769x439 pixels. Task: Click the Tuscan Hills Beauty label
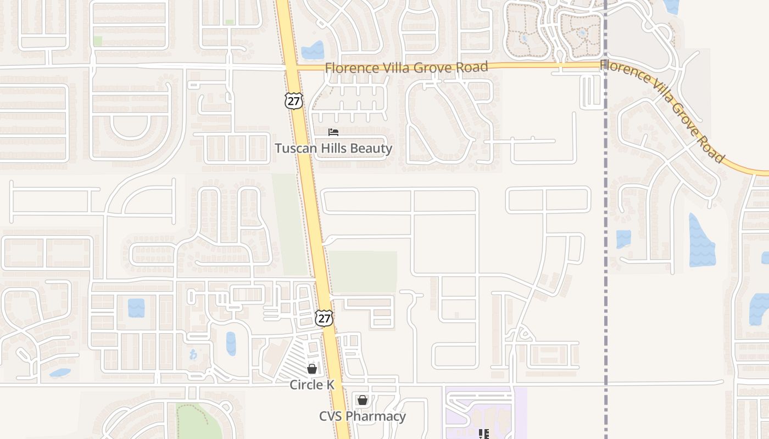pos(333,148)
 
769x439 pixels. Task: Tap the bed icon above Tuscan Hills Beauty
pos(333,132)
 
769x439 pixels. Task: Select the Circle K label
pos(312,385)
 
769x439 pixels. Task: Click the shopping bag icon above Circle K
pos(312,369)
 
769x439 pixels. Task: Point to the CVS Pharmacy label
pos(363,416)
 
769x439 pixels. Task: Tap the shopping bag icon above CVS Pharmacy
pos(363,400)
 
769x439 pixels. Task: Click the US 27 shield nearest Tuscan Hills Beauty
pos(294,100)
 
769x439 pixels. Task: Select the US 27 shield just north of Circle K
pos(324,318)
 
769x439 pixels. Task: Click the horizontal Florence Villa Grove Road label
pos(406,67)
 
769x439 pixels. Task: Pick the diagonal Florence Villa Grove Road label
pos(662,110)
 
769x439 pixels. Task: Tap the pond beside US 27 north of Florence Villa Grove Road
pos(313,50)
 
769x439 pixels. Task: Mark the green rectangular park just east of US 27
pos(363,272)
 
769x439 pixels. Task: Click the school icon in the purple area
pos(483,434)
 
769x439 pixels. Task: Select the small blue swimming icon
pos(193,354)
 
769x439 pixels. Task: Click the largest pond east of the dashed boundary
pos(701,241)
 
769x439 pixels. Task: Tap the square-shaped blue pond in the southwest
pos(136,308)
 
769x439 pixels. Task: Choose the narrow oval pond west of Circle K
pos(231,344)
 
